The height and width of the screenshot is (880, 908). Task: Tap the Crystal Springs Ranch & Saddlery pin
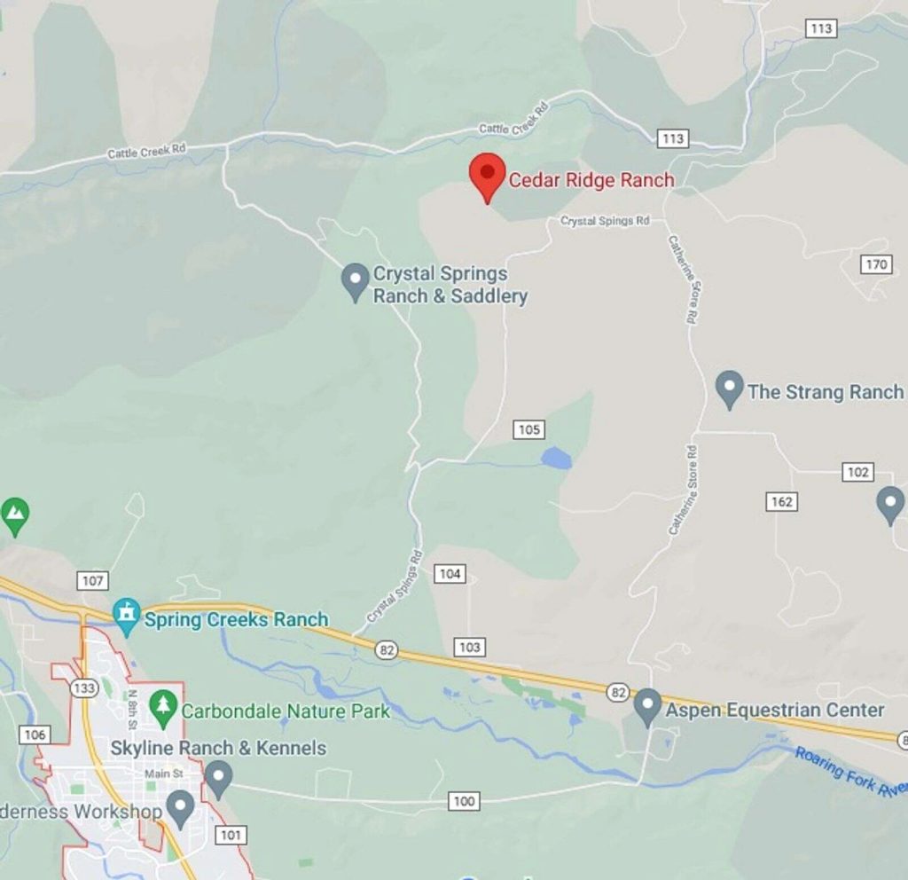click(356, 281)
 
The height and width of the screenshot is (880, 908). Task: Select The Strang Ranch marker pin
click(729, 389)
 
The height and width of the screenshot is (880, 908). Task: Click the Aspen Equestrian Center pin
click(648, 707)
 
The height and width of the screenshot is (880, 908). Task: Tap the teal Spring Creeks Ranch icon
click(127, 616)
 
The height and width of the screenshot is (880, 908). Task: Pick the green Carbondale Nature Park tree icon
click(162, 708)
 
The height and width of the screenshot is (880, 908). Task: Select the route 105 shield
click(528, 429)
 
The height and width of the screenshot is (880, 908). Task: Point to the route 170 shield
click(875, 264)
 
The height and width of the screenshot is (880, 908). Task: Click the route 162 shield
click(782, 502)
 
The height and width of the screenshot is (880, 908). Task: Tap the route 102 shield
click(857, 472)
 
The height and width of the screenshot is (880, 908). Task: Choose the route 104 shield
click(450, 574)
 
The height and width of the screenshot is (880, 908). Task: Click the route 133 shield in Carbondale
click(85, 688)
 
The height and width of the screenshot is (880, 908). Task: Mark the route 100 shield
click(464, 801)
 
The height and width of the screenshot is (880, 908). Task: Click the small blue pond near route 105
click(556, 459)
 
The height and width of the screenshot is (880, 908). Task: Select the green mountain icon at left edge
click(13, 513)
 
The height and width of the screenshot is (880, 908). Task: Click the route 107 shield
click(92, 581)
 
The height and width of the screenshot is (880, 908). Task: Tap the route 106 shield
click(35, 735)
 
